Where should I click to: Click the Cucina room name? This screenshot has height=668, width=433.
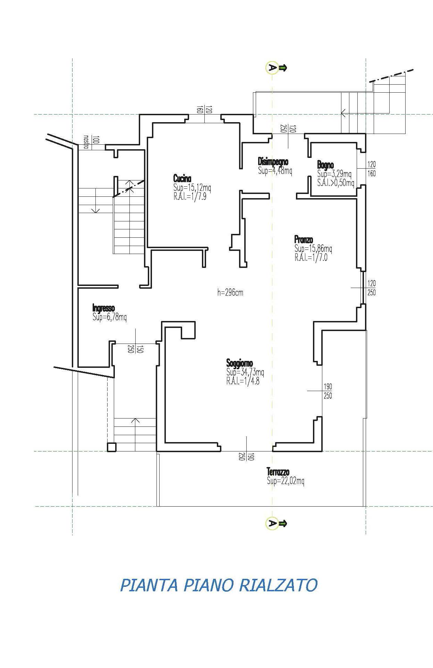click(x=182, y=179)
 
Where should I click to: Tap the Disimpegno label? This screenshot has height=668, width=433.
click(x=273, y=162)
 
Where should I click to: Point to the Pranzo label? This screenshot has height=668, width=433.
click(x=304, y=239)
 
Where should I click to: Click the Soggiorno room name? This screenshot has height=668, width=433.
click(x=240, y=364)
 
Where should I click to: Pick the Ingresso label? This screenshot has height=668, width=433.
click(x=103, y=308)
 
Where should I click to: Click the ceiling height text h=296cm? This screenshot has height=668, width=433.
click(x=230, y=293)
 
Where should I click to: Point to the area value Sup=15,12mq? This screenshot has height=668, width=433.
click(x=192, y=188)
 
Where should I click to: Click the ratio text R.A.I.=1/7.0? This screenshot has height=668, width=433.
click(x=311, y=257)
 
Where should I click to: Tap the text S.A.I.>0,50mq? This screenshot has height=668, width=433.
click(x=336, y=183)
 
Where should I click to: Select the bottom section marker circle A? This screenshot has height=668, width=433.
click(x=272, y=523)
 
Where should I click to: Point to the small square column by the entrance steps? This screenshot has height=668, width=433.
click(x=112, y=447)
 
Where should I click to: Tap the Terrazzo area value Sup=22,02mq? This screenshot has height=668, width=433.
click(x=286, y=481)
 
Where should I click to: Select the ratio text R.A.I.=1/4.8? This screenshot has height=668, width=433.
click(x=243, y=381)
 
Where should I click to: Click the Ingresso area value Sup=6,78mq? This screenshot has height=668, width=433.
click(x=110, y=317)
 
